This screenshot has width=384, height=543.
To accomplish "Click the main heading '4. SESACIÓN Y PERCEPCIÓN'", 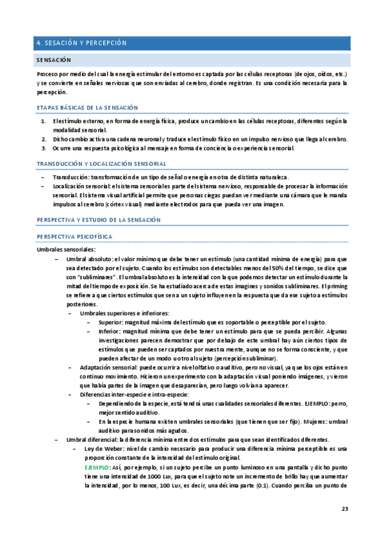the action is pyautogui.click(x=81, y=43).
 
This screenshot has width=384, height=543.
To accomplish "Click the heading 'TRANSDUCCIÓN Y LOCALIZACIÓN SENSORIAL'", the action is pyautogui.click(x=102, y=163).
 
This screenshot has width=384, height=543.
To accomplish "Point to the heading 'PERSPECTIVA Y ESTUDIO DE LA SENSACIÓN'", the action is pyautogui.click(x=98, y=220).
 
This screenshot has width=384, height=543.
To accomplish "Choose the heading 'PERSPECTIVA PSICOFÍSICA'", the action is pyautogui.click(x=74, y=236).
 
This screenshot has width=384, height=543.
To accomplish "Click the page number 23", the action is pyautogui.click(x=344, y=509).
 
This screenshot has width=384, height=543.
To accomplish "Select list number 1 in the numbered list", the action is pyautogui.click(x=43, y=120).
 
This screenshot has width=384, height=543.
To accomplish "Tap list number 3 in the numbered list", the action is pyautogui.click(x=43, y=149).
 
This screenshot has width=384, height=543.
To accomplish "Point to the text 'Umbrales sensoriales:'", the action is pyautogui.click(x=66, y=249).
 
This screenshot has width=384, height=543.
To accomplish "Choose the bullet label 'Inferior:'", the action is pyautogui.click(x=111, y=332).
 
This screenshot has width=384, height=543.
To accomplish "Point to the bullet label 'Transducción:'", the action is pyautogui.click(x=71, y=177).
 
